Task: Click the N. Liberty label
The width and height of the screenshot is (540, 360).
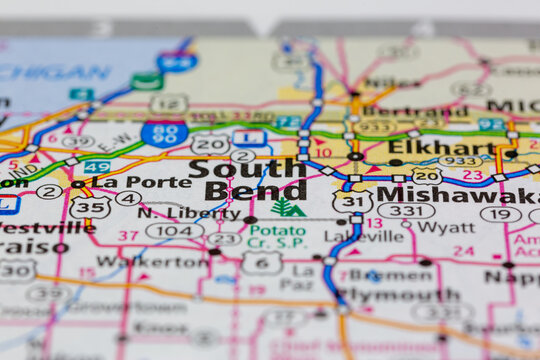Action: [175, 212]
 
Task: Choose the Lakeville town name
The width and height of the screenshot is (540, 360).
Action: [364, 237]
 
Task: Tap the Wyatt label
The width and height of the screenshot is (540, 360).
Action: [445, 227]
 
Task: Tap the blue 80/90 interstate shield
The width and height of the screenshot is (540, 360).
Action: [165, 132]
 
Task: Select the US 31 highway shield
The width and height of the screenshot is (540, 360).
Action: [352, 202]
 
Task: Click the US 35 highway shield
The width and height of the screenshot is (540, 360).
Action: [89, 207]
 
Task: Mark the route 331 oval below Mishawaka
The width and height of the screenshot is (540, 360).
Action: [405, 211]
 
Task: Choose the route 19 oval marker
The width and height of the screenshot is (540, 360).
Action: [500, 213]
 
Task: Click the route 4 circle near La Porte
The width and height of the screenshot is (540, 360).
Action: [128, 198]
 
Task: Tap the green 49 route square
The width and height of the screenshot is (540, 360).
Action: [97, 166]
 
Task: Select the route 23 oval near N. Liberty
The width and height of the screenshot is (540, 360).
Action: [224, 239]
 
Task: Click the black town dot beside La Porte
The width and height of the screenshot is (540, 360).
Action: [77, 184]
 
